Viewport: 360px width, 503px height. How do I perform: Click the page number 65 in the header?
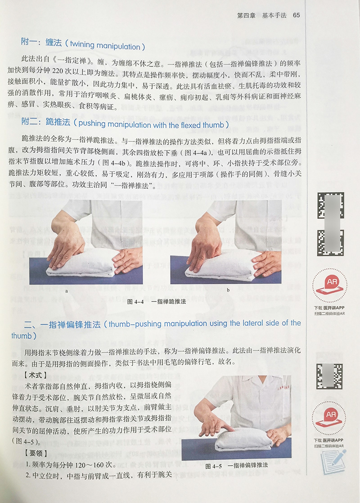(296, 15)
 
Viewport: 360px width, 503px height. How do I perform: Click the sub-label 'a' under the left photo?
(67, 291)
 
